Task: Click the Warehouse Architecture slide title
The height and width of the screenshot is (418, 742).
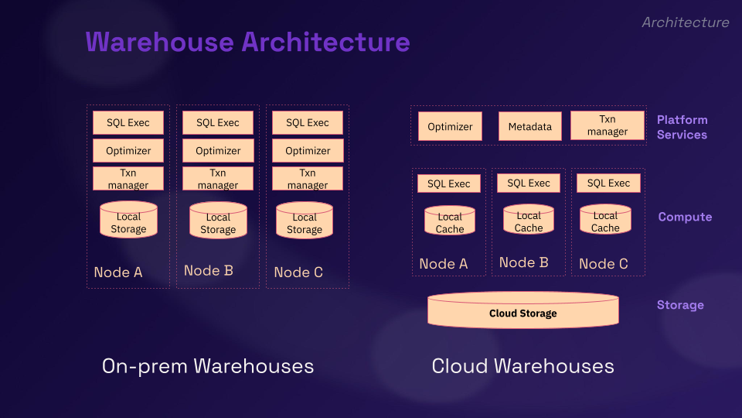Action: coord(247,41)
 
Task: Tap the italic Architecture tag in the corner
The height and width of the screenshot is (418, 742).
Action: coord(685,22)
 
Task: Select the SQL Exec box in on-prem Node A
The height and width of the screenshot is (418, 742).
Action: coord(128,122)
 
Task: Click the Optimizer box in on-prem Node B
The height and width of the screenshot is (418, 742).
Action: coord(218,151)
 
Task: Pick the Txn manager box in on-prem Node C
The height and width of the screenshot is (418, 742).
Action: coord(308,179)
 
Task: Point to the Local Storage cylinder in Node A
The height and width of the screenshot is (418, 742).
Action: coord(128,221)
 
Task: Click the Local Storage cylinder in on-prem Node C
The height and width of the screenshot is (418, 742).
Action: coord(305,221)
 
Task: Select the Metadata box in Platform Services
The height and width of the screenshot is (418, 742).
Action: coord(530,126)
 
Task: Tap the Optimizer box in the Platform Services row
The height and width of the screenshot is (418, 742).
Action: coord(450,126)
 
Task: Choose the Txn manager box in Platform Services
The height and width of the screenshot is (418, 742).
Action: coord(608,125)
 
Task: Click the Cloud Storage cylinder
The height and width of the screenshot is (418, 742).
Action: coord(523,311)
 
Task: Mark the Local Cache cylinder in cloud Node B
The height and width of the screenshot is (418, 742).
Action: coord(529,220)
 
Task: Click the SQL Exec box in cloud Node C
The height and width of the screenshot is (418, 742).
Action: coord(608,183)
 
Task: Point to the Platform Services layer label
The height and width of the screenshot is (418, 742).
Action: coord(682,127)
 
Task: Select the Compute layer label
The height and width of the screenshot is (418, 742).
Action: coord(685,217)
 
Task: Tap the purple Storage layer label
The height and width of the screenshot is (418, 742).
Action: coord(680,305)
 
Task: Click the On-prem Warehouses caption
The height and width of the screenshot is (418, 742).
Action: coord(208,366)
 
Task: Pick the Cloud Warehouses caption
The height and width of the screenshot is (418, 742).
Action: coord(523,366)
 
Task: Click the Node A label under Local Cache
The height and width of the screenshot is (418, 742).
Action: coord(444,264)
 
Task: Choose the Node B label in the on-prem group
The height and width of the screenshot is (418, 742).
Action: coord(209,271)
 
